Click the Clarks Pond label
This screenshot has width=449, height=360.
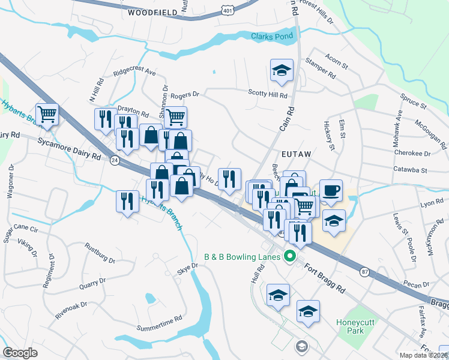pyautogui.click(x=272, y=36)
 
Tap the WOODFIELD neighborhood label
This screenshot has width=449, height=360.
pyautogui.click(x=152, y=12)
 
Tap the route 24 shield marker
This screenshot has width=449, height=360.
pyautogui.click(x=114, y=160)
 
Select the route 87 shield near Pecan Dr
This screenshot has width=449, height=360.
pyautogui.click(x=364, y=272)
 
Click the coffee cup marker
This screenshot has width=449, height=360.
pyautogui.click(x=331, y=191)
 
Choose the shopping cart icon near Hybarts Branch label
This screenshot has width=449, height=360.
pyautogui.click(x=47, y=114)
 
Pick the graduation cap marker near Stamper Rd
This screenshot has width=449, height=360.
pyautogui.click(x=282, y=70)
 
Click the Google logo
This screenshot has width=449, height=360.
pyautogui.click(x=20, y=353)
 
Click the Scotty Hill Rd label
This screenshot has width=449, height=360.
pyautogui.click(x=268, y=94)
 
